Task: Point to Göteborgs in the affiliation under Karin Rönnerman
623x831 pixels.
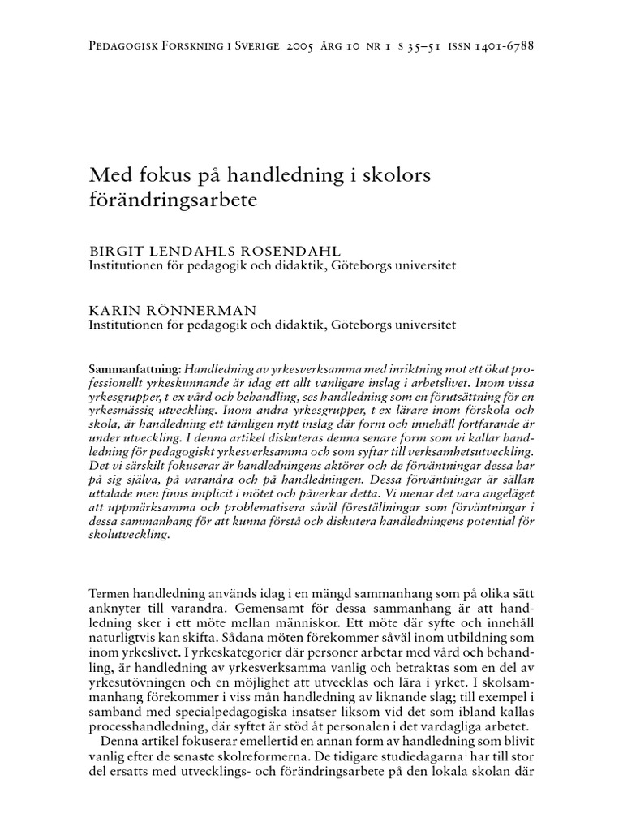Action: tap(361, 324)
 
